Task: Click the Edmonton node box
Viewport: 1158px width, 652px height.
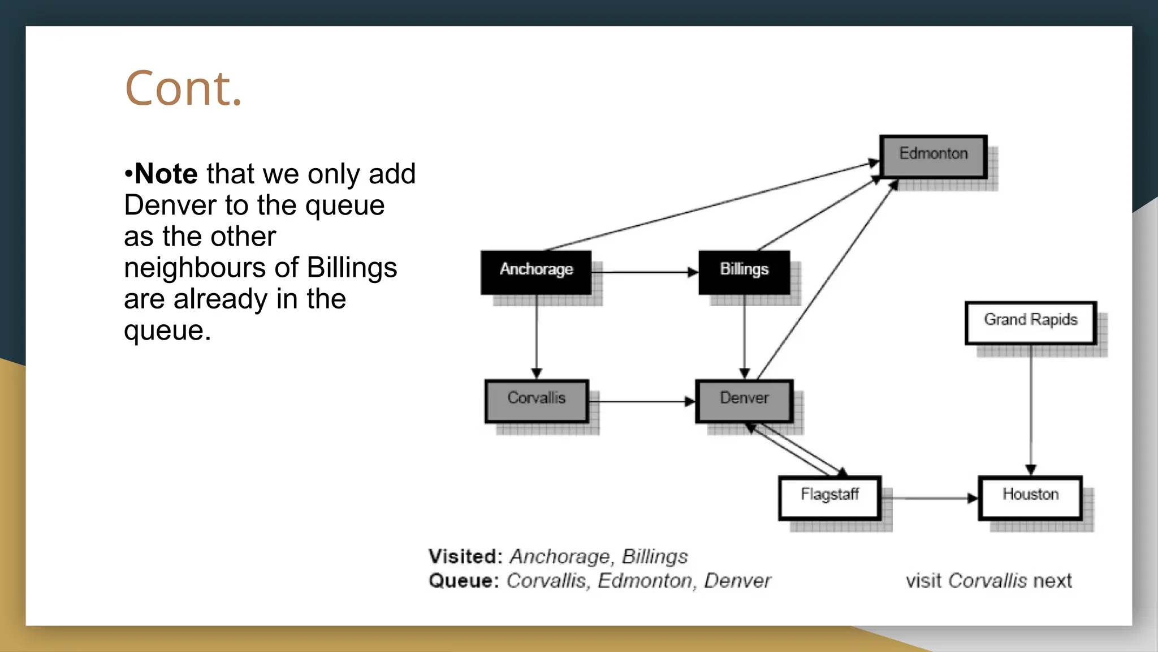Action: click(933, 156)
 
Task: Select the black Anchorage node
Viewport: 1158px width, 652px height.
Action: click(536, 272)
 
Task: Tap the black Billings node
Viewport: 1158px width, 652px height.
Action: click(744, 272)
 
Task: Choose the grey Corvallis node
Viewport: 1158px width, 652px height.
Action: click(537, 401)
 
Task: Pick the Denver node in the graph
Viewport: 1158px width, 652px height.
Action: click(744, 401)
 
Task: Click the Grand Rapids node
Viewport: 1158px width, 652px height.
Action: click(1030, 323)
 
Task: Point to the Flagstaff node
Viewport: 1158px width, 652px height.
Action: click(829, 497)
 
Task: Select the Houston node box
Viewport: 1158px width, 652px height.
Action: click(1030, 497)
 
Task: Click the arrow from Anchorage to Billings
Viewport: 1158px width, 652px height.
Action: click(645, 272)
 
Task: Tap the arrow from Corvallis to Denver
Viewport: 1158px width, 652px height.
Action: click(642, 401)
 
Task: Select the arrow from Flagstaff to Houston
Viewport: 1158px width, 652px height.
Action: click(930, 498)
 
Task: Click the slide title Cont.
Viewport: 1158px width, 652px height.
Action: click(183, 89)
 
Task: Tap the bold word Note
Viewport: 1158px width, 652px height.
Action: click(166, 174)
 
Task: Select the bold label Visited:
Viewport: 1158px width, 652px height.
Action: click(465, 556)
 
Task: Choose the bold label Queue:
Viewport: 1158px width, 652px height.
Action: click(464, 581)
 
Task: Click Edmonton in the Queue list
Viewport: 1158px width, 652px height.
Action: click(645, 581)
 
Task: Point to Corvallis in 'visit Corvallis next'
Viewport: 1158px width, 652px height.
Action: click(987, 581)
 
